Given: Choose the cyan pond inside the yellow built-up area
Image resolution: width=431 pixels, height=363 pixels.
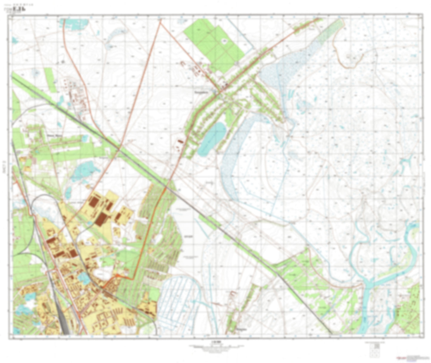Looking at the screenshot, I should tap(84, 278).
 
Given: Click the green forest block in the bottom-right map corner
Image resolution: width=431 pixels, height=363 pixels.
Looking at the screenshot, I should tap(410, 310).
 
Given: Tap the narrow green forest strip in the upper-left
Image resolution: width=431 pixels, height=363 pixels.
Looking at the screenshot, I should tap(50, 79).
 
